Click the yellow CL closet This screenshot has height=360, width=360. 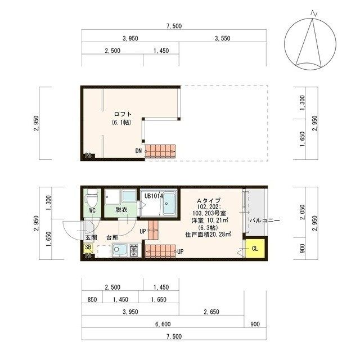pos(255,248)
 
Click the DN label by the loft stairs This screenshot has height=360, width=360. pos(138,151)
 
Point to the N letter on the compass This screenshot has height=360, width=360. pos(314,13)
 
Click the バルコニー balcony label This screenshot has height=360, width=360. pos(265,220)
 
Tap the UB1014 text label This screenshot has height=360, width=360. pos(154,196)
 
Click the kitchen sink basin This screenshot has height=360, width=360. pos(119,250)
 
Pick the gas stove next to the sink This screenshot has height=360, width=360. pos(134,250)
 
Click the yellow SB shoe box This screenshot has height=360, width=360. pos(88,247)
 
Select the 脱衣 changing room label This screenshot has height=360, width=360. pos(121,210)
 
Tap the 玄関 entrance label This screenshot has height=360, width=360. pos(91,237)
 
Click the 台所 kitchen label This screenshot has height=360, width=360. pos(112,237)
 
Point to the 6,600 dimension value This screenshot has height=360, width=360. pos(163,324)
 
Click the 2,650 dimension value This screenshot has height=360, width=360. pos(211,312)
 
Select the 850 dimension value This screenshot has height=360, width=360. pos(92,300)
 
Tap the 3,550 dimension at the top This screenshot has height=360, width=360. pos(222,38)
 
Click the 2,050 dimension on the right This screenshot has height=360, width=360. pos(303,212)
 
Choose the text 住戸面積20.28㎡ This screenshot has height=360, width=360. pos(208,235)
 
